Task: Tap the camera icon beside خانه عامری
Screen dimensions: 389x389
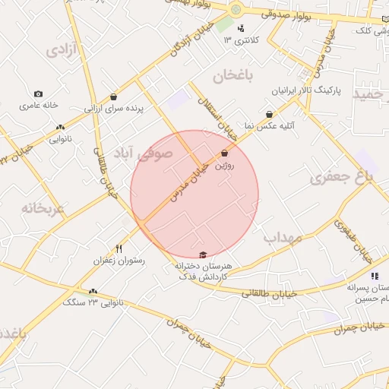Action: click(x=39, y=94)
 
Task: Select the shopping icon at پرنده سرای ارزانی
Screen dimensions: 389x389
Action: click(x=113, y=97)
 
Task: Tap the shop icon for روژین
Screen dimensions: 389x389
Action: click(x=224, y=154)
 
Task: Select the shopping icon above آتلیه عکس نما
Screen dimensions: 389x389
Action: click(x=269, y=115)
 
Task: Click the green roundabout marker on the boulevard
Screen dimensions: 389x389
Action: click(x=236, y=9)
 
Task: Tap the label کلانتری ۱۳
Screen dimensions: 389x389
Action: click(x=242, y=39)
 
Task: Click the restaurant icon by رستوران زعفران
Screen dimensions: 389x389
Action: click(x=119, y=248)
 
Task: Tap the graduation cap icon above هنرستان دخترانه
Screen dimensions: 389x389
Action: click(x=202, y=255)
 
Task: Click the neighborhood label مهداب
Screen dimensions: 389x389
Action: click(x=283, y=238)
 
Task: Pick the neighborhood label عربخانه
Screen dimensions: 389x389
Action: click(x=43, y=208)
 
